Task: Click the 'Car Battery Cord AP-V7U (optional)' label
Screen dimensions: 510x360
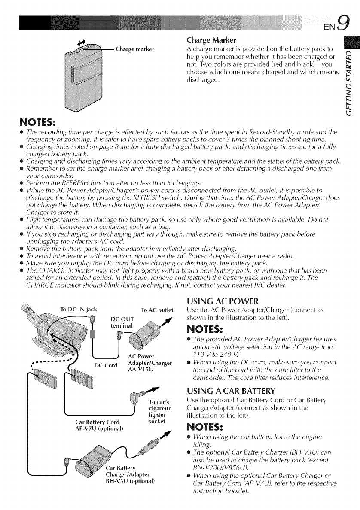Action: pos(96,428)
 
